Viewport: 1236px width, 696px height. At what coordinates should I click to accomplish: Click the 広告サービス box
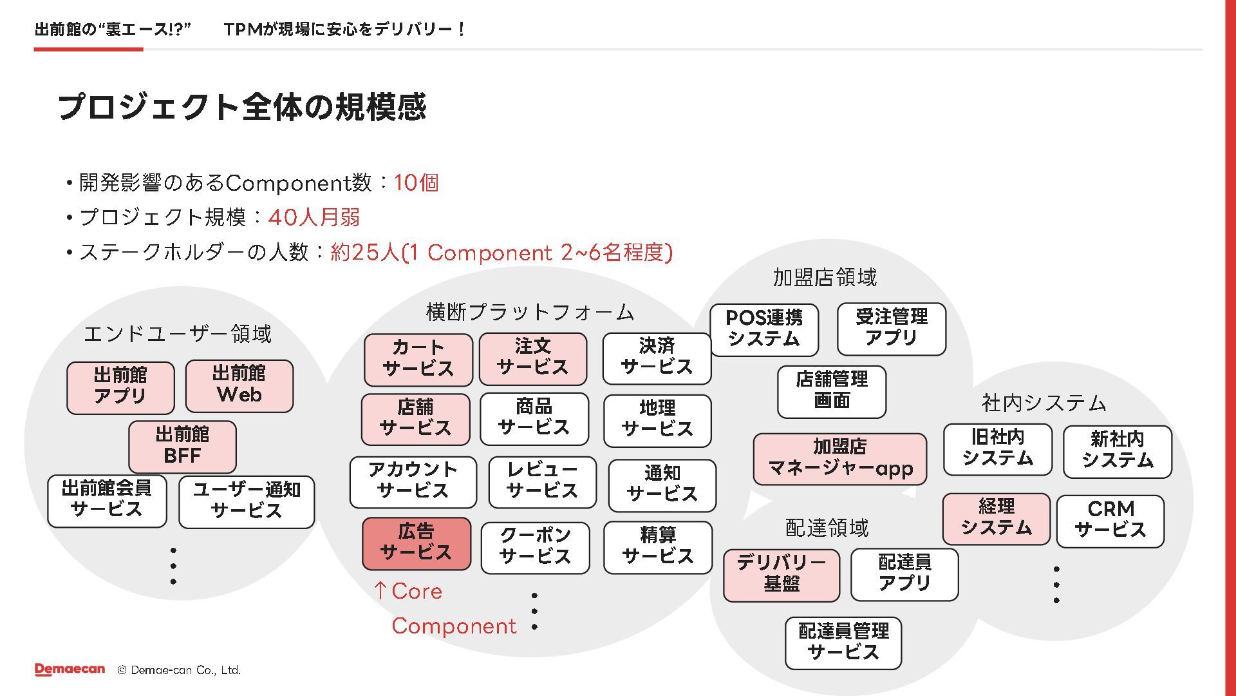tap(417, 543)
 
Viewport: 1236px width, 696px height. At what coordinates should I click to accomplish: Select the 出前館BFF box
tap(182, 446)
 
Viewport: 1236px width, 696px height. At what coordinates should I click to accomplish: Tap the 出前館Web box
tap(239, 385)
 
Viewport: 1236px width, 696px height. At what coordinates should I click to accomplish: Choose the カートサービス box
tap(418, 359)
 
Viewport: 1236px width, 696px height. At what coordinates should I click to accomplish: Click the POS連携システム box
tap(764, 329)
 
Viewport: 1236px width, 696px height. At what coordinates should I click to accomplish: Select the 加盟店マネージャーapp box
tap(839, 458)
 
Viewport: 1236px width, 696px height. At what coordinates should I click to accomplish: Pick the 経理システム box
tap(996, 518)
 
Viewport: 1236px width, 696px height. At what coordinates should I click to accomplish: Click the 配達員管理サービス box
tap(843, 643)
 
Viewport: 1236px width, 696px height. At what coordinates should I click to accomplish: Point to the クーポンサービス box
tap(535, 547)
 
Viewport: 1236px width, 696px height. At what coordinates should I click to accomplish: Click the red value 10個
tap(416, 183)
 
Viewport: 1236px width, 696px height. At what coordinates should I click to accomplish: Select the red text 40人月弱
tap(314, 218)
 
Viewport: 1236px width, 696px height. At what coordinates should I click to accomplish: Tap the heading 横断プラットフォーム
tap(530, 313)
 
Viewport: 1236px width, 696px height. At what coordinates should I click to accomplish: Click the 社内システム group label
tap(1044, 403)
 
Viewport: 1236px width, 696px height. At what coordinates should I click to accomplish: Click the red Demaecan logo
tap(70, 670)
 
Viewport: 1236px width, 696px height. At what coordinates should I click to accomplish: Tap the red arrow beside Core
tap(380, 590)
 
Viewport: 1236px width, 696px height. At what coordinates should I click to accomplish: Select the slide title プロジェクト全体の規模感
tap(242, 107)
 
